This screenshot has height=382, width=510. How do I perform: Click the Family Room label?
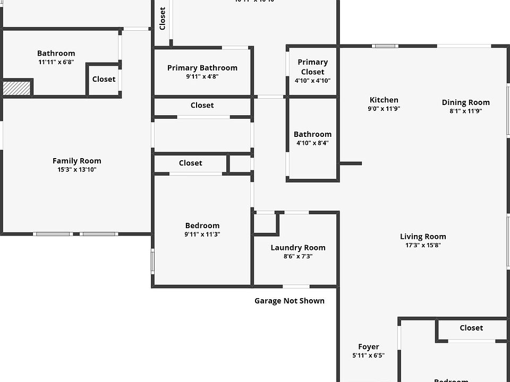click(x=76, y=161)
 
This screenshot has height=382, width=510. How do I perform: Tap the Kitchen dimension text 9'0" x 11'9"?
click(x=384, y=109)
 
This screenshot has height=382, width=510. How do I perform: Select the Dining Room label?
click(x=465, y=102)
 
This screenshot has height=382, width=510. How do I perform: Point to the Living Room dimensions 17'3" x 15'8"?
click(x=423, y=246)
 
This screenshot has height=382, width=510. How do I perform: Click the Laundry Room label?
click(x=297, y=248)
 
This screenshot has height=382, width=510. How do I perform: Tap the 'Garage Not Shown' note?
click(x=289, y=301)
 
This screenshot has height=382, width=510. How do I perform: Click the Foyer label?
click(x=368, y=347)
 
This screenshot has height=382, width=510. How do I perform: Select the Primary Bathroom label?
click(x=202, y=68)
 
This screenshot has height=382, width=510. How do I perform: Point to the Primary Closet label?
click(x=312, y=67)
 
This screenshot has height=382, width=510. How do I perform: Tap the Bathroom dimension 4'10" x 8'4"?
click(x=312, y=143)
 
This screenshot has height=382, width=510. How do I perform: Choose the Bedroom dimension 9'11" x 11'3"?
click(x=202, y=234)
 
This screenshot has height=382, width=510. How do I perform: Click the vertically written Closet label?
click(x=163, y=19)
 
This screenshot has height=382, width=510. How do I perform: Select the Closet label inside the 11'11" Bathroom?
click(x=104, y=79)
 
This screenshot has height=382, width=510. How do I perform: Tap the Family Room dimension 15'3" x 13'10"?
click(x=76, y=170)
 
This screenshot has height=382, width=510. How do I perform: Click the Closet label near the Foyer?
click(x=471, y=328)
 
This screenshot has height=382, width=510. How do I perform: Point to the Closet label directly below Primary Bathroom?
click(x=202, y=106)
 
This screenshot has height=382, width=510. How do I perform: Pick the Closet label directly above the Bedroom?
click(x=190, y=163)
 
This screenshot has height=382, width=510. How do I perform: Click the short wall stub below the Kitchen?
click(x=351, y=163)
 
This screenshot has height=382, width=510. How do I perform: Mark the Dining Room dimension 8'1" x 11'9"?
click(x=465, y=111)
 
